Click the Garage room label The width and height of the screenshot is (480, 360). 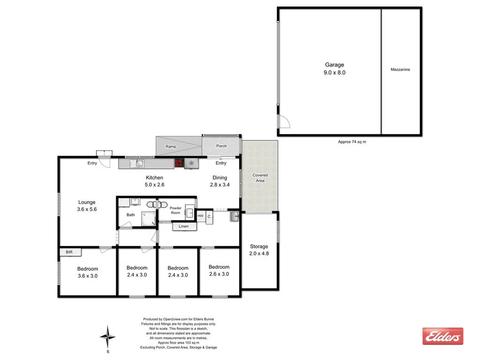click(x=335, y=65)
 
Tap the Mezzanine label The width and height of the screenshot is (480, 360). click(x=400, y=69)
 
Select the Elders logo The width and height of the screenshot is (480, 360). click(x=442, y=336)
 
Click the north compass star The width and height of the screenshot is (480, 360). click(x=108, y=336)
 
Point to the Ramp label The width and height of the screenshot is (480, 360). click(x=171, y=147)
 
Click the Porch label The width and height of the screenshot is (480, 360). click(x=221, y=146)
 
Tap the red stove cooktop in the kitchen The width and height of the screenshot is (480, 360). click(x=179, y=163)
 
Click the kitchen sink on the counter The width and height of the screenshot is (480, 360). click(x=139, y=163)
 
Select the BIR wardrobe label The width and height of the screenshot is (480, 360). click(x=69, y=252)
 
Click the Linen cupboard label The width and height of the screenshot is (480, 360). click(x=184, y=226)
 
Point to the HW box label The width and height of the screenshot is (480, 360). click(x=201, y=216)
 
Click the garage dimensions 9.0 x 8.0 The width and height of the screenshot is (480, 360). click(x=335, y=73)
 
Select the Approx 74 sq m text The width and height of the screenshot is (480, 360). click(x=352, y=142)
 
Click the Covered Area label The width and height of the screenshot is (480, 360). click(x=260, y=178)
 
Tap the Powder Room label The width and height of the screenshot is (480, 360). click(x=175, y=210)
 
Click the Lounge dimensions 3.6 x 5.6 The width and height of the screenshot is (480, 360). click(x=87, y=210)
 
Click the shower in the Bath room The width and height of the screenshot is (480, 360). click(x=149, y=218)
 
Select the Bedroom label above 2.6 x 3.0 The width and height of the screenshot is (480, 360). click(x=219, y=267)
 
